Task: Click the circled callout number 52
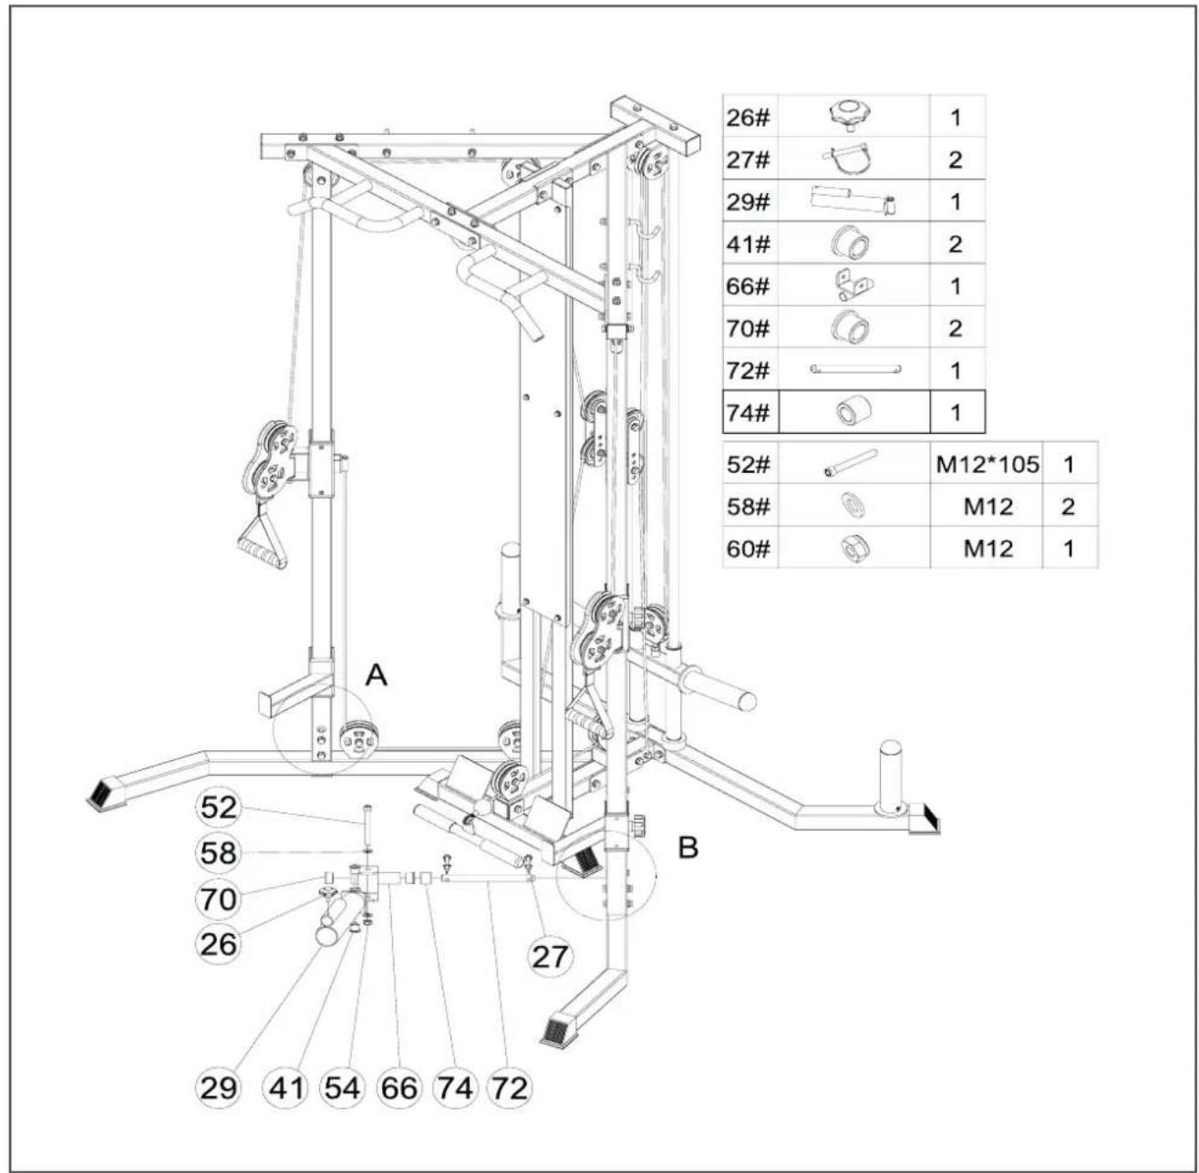point(219,808)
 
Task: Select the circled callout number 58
point(219,852)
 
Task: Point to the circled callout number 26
point(219,944)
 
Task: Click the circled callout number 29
point(219,1088)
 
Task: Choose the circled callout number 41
point(287,1088)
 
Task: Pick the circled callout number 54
point(342,1088)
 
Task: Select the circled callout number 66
point(398,1088)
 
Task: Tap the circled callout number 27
point(550,957)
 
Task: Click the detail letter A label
point(376,674)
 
